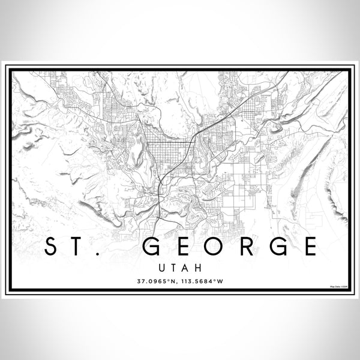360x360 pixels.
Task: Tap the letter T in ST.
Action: coord(80,247)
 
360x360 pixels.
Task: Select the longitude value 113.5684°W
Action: coord(203,280)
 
